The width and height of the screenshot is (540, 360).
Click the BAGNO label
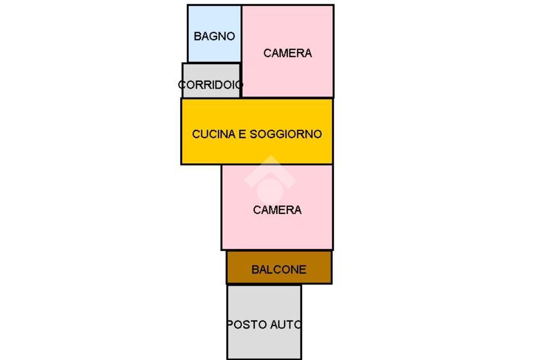[214, 36]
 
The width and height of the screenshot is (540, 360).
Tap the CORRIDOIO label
[210, 84]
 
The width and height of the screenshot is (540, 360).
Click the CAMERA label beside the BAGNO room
[287, 53]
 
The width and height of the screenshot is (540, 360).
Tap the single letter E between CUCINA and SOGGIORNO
[243, 134]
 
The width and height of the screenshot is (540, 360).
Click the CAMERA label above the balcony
[277, 210]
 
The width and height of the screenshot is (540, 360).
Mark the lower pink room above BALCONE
[277, 232]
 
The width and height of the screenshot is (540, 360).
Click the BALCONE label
[278, 270]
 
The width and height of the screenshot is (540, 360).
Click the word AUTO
[285, 325]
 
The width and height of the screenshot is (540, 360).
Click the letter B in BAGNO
[197, 36]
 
